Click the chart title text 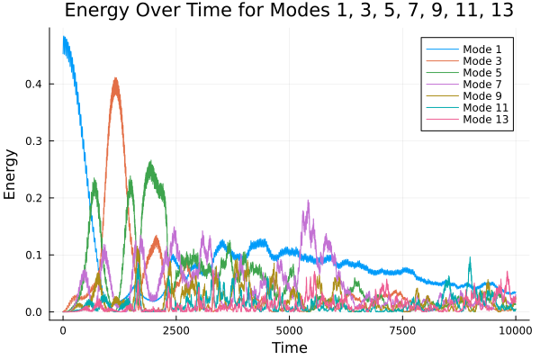tap(289, 13)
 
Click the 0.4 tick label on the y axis tap(35, 84)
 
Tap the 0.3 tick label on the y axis tap(35, 141)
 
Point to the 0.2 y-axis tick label tap(35, 198)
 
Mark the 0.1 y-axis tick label tap(35, 256)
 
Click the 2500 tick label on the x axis tap(175, 329)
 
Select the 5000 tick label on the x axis tap(289, 329)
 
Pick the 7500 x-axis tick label tap(402, 329)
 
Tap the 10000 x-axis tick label tap(515, 329)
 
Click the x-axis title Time tap(289, 347)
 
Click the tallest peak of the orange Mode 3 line tap(115, 79)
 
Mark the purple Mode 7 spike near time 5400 tap(308, 202)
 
